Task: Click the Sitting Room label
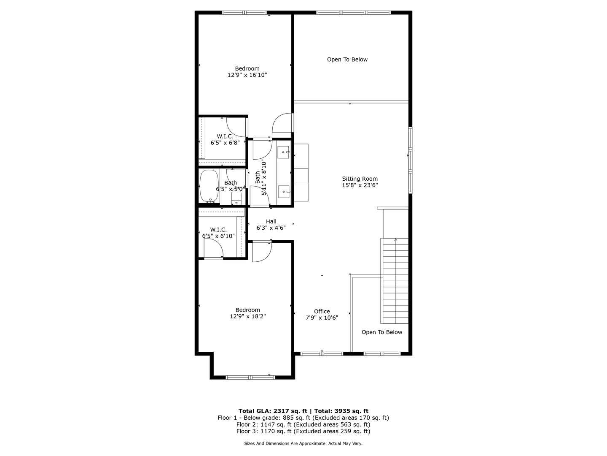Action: [360, 179]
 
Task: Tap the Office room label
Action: [322, 312]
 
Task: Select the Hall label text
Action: [271, 221]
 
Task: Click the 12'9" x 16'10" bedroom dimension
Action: [247, 75]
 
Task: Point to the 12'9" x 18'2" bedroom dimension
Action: [247, 316]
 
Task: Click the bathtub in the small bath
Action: [209, 186]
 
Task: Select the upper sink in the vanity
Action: [284, 152]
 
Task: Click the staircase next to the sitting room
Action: [395, 281]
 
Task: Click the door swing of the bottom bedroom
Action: [261, 252]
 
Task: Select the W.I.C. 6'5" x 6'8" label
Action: [225, 139]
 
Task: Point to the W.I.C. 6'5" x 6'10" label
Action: [218, 233]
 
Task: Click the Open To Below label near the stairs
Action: [381, 332]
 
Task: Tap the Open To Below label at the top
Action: [347, 60]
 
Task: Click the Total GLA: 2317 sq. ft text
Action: [273, 411]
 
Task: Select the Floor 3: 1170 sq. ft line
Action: [303, 432]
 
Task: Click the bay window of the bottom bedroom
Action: [250, 377]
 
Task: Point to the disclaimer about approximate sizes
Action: [303, 444]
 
